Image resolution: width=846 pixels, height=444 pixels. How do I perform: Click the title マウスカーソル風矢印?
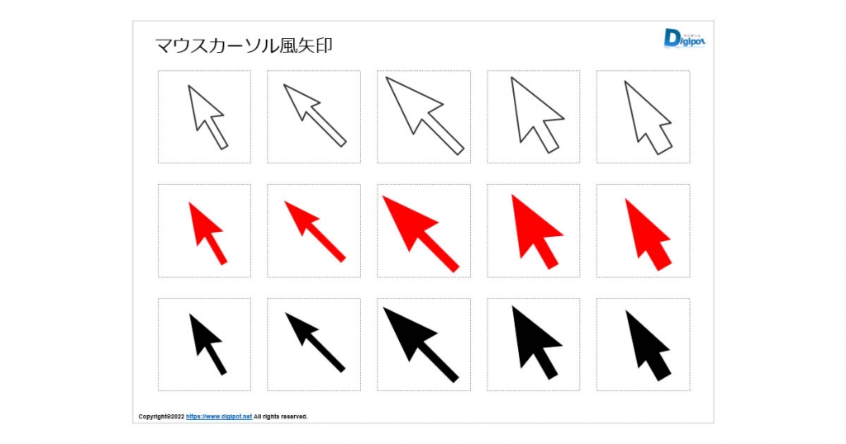coord(244,45)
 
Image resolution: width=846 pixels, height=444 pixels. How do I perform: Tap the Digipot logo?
coord(684,38)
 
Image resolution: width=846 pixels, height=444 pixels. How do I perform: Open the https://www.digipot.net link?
coord(218,417)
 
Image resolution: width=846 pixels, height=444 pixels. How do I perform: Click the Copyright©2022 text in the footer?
coord(161,417)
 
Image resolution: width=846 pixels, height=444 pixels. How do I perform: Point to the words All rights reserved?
coord(281,417)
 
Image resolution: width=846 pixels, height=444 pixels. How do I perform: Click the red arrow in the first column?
coord(207,232)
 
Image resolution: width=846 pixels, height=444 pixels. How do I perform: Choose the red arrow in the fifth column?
coord(648,236)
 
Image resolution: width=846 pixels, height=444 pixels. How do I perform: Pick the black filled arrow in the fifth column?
coord(648,347)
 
